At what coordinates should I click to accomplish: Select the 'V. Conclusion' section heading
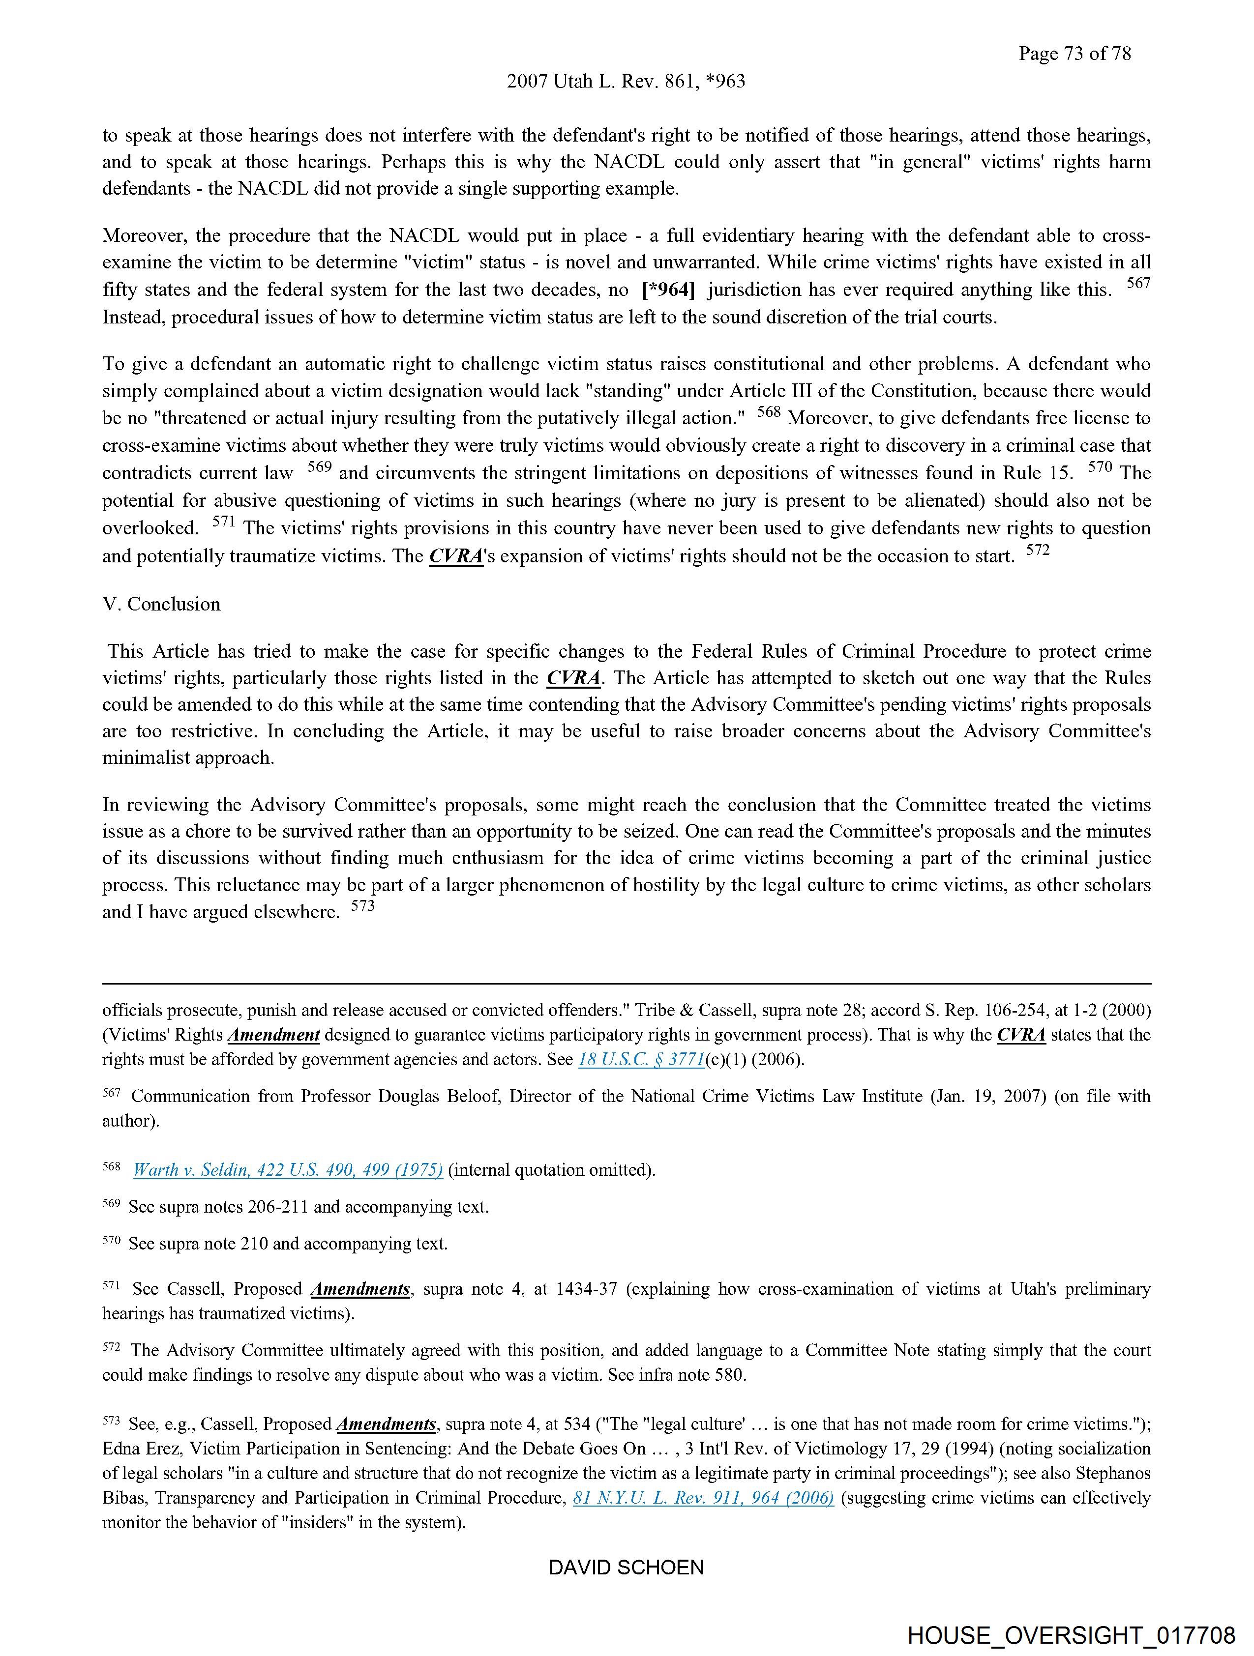162,604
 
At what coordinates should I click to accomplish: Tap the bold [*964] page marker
668,290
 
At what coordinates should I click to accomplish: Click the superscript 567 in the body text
1138,284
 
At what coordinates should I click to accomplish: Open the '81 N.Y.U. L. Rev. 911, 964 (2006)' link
703,1498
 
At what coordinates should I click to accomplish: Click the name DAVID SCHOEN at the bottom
626,1568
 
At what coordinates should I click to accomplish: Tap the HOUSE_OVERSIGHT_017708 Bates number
1071,1635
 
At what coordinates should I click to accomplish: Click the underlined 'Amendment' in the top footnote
273,1035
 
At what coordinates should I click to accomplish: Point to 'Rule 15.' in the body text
1040,473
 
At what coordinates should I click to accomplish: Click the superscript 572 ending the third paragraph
1038,550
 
